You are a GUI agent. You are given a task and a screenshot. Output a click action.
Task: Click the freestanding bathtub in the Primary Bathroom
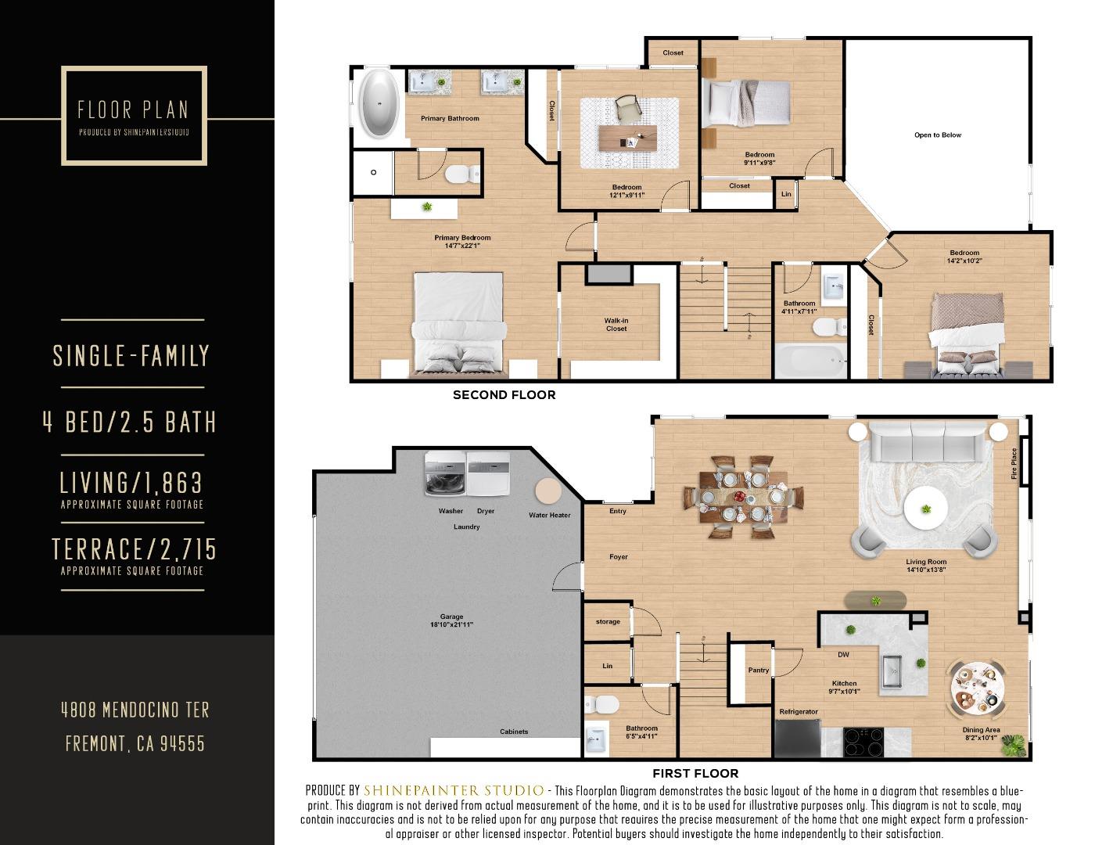[x=379, y=105]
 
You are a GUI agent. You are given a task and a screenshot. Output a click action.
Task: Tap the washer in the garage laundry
[x=445, y=475]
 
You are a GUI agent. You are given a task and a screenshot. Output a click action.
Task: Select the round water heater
[x=547, y=491]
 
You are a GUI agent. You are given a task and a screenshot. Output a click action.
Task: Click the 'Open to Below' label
[x=937, y=135]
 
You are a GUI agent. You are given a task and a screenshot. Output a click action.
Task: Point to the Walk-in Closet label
[x=616, y=325]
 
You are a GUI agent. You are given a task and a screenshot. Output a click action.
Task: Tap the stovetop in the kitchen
[x=863, y=741]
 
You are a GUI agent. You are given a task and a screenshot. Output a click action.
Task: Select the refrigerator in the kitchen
[x=797, y=738]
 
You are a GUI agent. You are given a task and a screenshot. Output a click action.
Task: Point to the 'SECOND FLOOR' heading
[x=504, y=395]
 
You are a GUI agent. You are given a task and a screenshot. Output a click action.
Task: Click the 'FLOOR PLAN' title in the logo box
[x=133, y=110]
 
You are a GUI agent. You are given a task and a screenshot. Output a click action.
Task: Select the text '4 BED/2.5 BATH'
[x=130, y=422]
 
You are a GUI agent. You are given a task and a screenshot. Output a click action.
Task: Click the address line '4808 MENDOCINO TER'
[x=135, y=710]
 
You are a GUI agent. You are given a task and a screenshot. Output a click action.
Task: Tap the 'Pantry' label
[x=758, y=670]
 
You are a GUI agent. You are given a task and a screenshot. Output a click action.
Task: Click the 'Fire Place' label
[x=1014, y=463]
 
